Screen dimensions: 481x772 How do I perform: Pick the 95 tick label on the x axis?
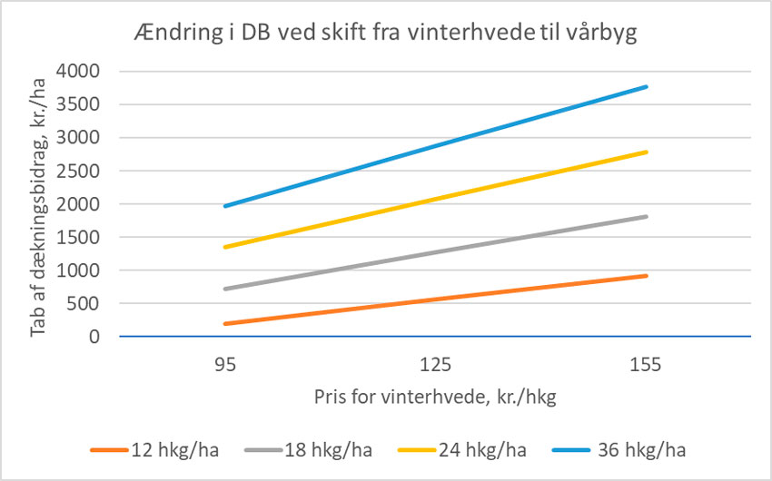225,366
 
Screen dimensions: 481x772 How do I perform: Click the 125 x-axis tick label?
436,366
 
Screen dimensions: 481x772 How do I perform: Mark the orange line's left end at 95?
225,324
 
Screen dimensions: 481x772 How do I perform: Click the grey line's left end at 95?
225,290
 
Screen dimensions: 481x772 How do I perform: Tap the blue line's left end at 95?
225,206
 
